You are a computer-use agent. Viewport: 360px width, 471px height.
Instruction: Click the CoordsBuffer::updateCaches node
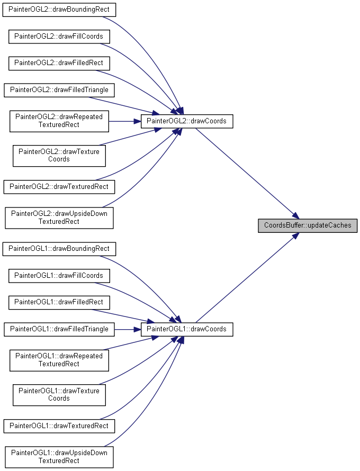pyautogui.click(x=308, y=225)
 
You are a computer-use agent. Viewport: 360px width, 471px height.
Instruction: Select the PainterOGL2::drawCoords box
pyautogui.click(x=187, y=121)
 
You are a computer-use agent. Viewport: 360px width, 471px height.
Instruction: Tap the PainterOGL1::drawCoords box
pyautogui.click(x=187, y=329)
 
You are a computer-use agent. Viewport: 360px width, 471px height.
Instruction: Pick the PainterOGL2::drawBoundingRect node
pyautogui.click(x=59, y=10)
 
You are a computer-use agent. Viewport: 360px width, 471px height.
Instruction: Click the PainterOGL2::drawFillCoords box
pyautogui.click(x=59, y=37)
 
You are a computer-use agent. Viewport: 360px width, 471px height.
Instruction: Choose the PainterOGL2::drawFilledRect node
pyautogui.click(x=59, y=64)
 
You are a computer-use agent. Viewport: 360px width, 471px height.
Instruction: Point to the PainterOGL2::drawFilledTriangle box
pyautogui.click(x=59, y=90)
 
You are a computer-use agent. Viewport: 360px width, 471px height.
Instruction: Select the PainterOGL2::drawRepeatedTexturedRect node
pyautogui.click(x=59, y=121)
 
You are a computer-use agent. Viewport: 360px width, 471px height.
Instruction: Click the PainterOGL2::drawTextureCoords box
pyautogui.click(x=59, y=156)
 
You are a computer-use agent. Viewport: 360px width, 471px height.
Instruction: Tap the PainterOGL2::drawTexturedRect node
pyautogui.click(x=59, y=187)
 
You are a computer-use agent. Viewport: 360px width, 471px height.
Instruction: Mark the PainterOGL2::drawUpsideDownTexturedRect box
pyautogui.click(x=59, y=218)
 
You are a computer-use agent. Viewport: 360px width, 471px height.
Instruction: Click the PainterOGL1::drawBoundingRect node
pyautogui.click(x=59, y=249)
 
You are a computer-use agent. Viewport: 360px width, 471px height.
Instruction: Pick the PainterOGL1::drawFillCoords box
pyautogui.click(x=59, y=276)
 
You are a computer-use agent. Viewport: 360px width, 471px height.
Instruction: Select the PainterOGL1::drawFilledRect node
pyautogui.click(x=59, y=303)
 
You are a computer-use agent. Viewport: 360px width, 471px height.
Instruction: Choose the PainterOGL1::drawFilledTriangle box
pyautogui.click(x=59, y=329)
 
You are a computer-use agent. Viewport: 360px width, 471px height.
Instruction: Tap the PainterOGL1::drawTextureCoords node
pyautogui.click(x=59, y=395)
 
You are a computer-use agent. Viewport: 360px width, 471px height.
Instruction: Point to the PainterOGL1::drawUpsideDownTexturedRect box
pyautogui.click(x=59, y=457)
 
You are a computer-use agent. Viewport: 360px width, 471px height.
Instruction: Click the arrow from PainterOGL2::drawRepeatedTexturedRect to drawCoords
pyautogui.click(x=125, y=121)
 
